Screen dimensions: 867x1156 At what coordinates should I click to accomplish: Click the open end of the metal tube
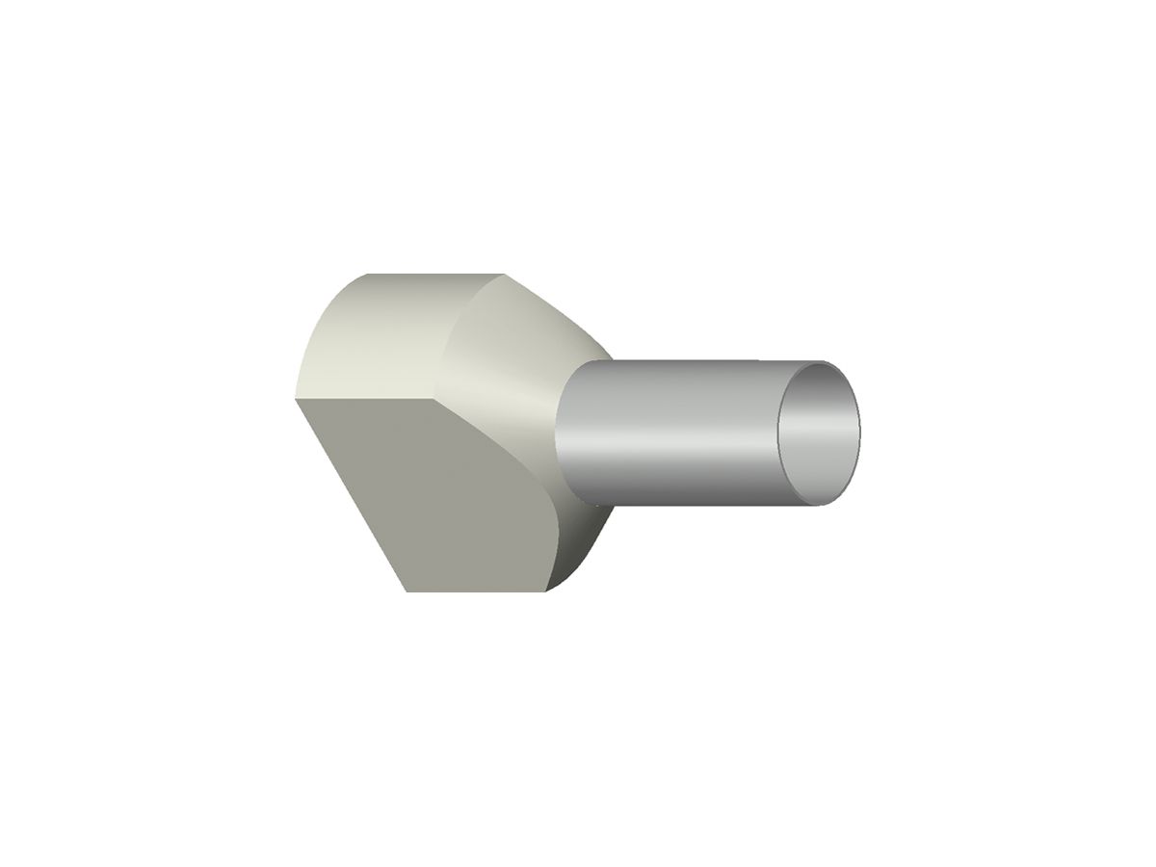click(819, 432)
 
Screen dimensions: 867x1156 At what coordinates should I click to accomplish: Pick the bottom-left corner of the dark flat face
click(407, 591)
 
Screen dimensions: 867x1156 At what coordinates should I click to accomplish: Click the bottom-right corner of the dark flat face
click(546, 590)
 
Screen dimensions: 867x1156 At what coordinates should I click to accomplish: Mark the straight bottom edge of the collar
click(477, 591)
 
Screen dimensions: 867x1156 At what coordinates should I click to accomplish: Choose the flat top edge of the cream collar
click(433, 275)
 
